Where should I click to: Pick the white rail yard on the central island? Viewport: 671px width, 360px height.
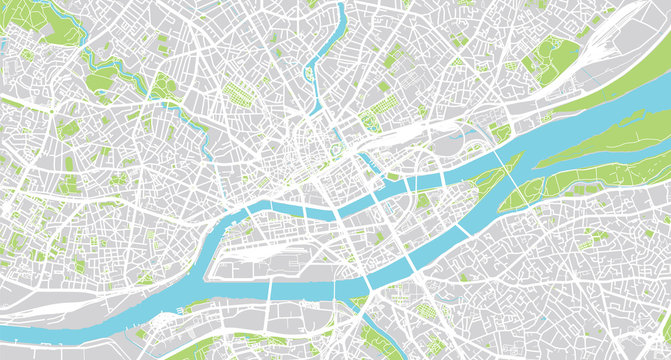[x=260, y=245]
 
